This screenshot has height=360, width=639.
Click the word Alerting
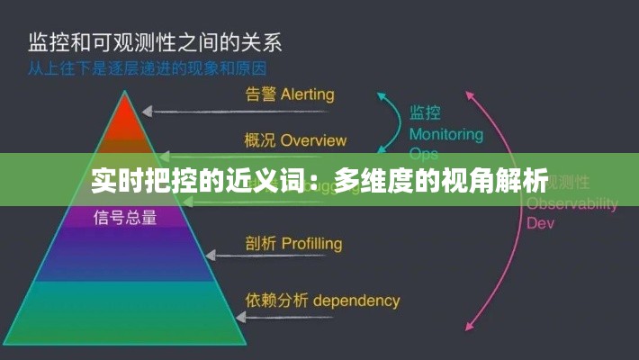(x=307, y=94)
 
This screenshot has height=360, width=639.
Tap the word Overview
(x=313, y=140)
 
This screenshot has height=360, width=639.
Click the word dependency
(x=356, y=300)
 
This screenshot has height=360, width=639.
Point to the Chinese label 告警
(x=260, y=94)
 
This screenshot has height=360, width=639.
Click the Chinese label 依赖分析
(x=274, y=300)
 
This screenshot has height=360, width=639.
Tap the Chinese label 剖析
(x=260, y=244)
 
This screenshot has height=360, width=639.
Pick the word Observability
(x=571, y=203)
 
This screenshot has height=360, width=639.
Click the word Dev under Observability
(x=540, y=222)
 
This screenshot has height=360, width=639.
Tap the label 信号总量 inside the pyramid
(x=125, y=216)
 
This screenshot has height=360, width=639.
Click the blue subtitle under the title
(x=153, y=67)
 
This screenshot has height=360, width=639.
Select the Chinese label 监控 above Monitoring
(x=426, y=113)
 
